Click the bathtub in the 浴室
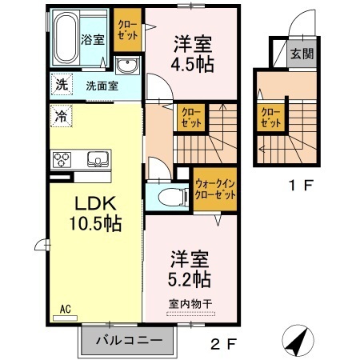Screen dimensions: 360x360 (66, 38)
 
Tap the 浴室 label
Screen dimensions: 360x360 (92, 40)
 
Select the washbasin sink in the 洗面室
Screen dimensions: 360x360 (126, 66)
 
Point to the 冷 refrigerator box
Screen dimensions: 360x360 (61, 114)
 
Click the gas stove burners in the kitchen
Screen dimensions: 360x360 (63, 158)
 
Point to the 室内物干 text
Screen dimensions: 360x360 (190, 302)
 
